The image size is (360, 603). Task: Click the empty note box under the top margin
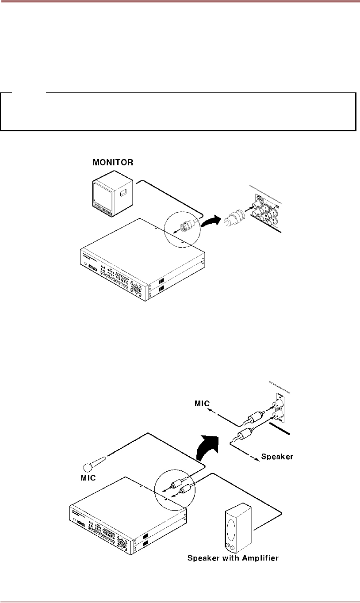(x=178, y=111)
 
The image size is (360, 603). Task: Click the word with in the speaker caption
(x=230, y=558)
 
